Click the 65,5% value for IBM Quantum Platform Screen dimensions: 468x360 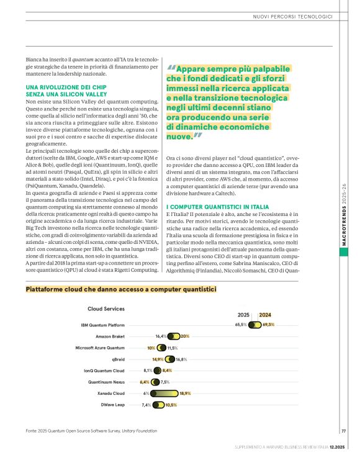click(241, 325)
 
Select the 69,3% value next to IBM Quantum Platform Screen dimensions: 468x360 click(268, 325)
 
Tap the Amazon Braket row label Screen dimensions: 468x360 click(110, 336)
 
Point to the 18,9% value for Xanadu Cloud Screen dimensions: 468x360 click(185, 394)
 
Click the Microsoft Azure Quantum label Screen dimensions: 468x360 click(100, 348)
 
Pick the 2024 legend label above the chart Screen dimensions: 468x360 click(265, 315)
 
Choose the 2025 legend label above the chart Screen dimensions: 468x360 click(244, 315)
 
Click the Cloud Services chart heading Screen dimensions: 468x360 click(106, 308)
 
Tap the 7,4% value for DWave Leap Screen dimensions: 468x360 click(146, 405)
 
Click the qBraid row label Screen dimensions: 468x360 click(118, 359)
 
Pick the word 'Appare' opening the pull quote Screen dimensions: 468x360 click(194, 69)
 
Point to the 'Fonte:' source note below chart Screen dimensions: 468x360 click(33, 431)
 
